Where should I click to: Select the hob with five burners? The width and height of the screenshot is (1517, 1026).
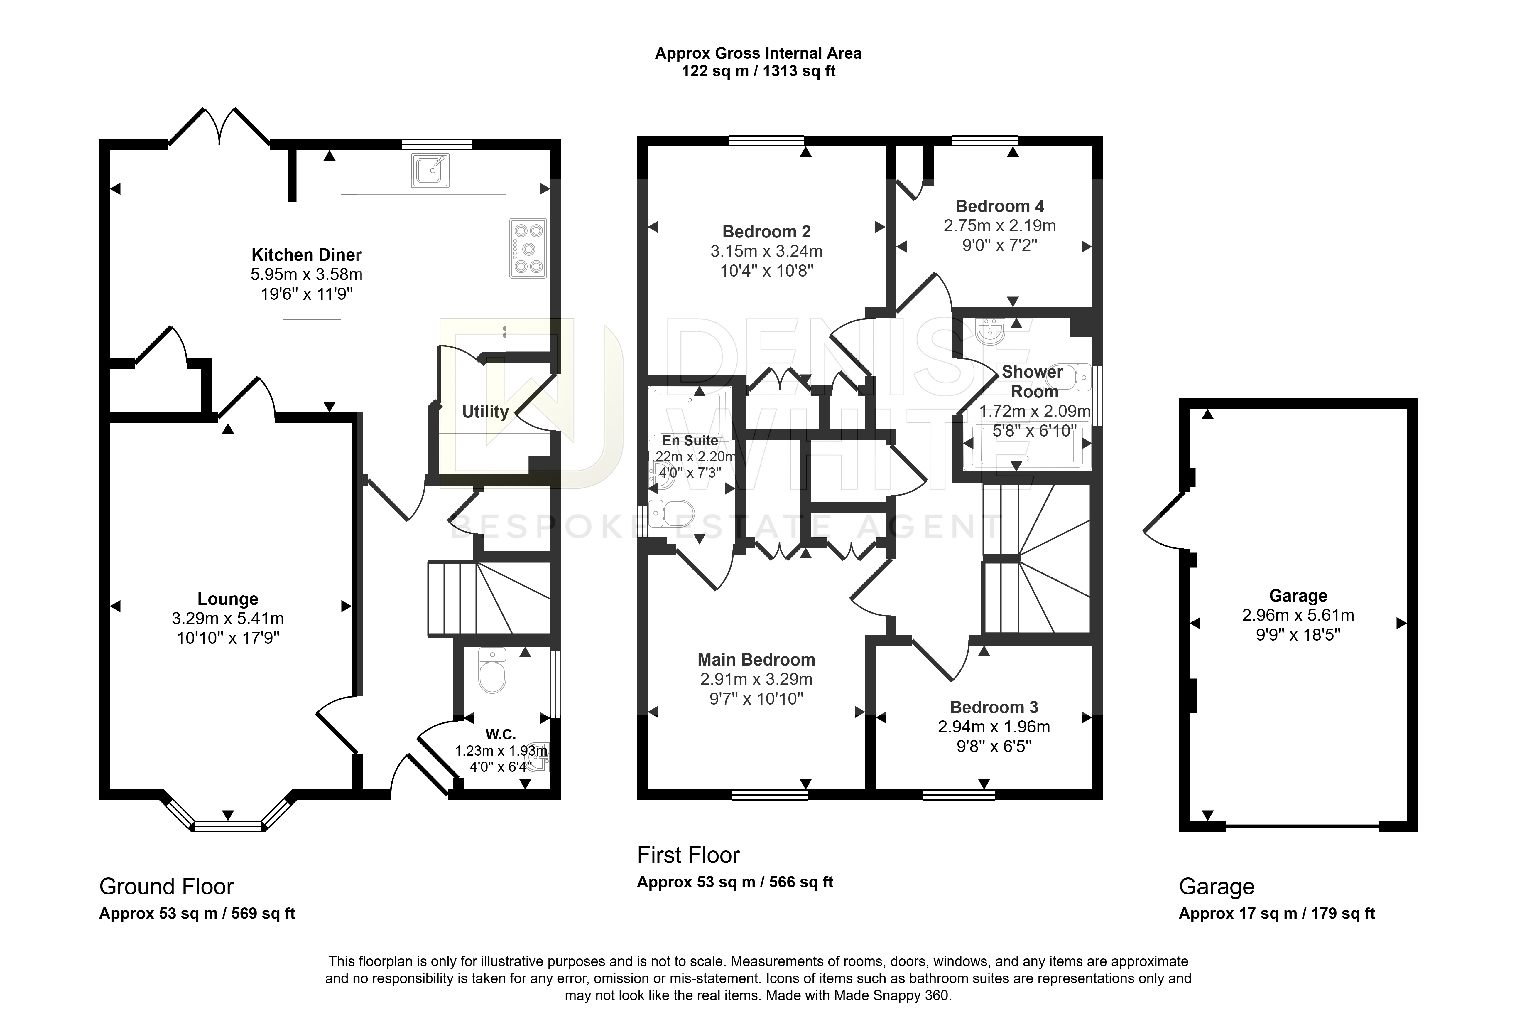(528, 248)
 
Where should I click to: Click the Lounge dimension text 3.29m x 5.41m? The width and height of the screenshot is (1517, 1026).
(228, 618)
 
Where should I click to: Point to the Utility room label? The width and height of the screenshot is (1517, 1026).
(485, 412)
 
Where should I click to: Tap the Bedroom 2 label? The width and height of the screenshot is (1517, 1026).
(766, 231)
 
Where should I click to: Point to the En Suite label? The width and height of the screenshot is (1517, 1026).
(690, 440)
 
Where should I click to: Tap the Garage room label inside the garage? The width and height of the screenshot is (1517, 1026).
(1298, 596)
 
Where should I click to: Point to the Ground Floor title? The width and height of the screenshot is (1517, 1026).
(166, 886)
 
